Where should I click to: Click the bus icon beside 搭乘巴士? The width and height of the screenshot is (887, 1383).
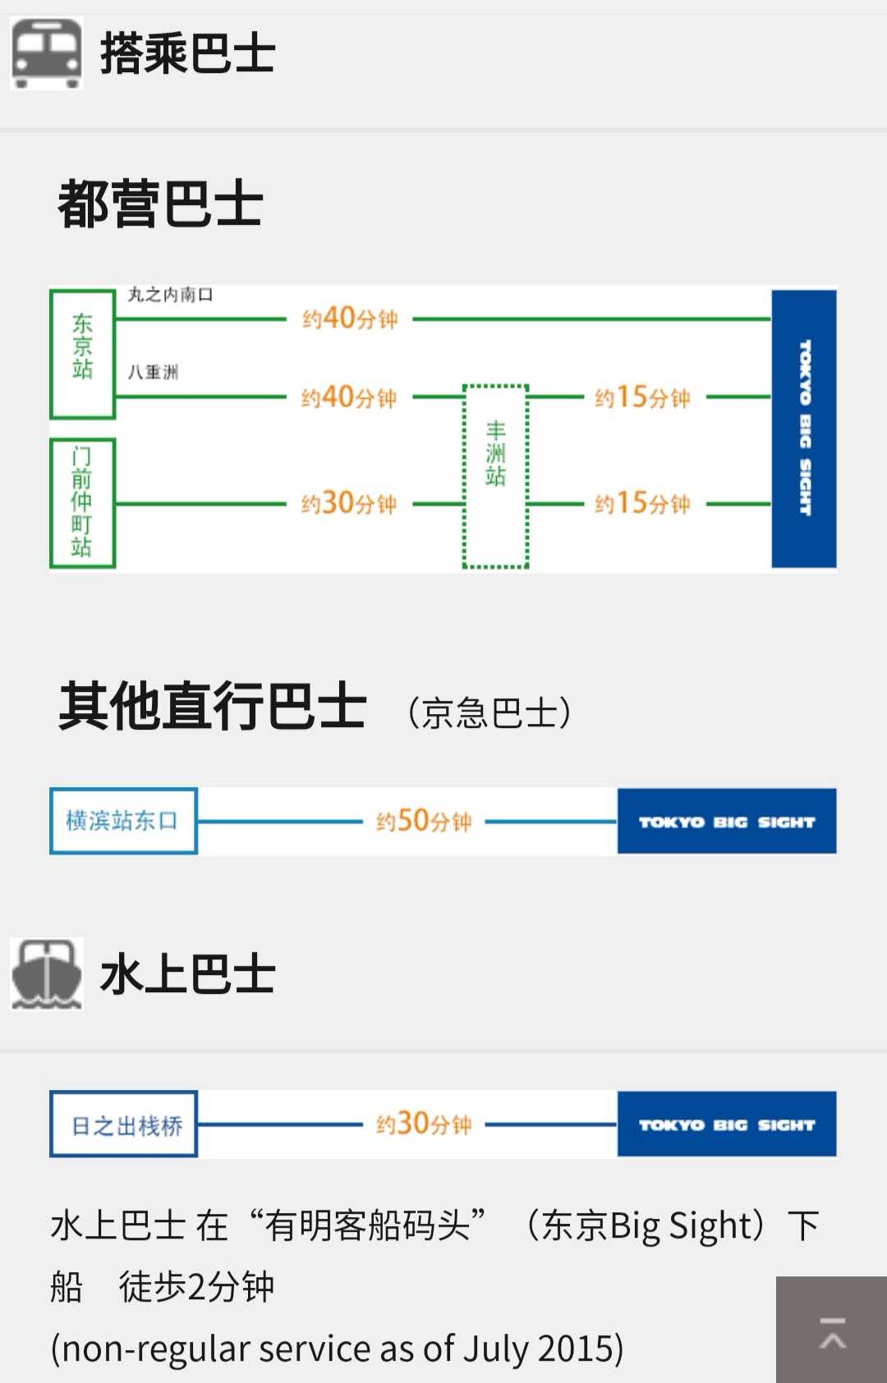click(x=46, y=53)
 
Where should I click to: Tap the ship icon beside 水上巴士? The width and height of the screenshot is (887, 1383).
click(x=46, y=974)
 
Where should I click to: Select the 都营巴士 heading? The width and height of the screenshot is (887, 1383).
click(x=160, y=204)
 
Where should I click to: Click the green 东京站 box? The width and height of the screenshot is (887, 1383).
click(x=82, y=353)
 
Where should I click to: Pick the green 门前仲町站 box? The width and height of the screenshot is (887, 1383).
click(x=82, y=502)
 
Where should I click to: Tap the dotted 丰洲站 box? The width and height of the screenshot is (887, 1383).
click(x=495, y=476)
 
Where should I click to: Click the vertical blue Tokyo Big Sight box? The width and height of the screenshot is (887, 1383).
click(x=803, y=428)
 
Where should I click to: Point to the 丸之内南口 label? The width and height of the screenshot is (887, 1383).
click(x=170, y=295)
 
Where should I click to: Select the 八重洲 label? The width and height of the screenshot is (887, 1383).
click(x=153, y=372)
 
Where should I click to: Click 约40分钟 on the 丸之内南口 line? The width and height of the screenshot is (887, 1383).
click(x=350, y=318)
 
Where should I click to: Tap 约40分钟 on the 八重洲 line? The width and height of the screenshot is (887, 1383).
click(x=349, y=398)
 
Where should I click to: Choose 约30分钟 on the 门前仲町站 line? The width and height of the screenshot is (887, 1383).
click(x=349, y=503)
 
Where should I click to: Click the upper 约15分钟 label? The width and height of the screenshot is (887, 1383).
click(x=642, y=398)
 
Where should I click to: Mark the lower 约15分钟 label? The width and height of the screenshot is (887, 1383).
click(x=642, y=503)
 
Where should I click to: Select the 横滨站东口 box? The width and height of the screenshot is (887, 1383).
click(x=123, y=821)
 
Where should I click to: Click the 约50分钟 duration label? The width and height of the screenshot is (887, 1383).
click(x=424, y=821)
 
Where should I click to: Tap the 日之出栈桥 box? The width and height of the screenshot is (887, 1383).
click(x=123, y=1124)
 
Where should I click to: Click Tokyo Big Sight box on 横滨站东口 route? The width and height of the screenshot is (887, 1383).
click(x=726, y=822)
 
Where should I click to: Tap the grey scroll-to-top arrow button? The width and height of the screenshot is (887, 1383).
click(x=831, y=1330)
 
